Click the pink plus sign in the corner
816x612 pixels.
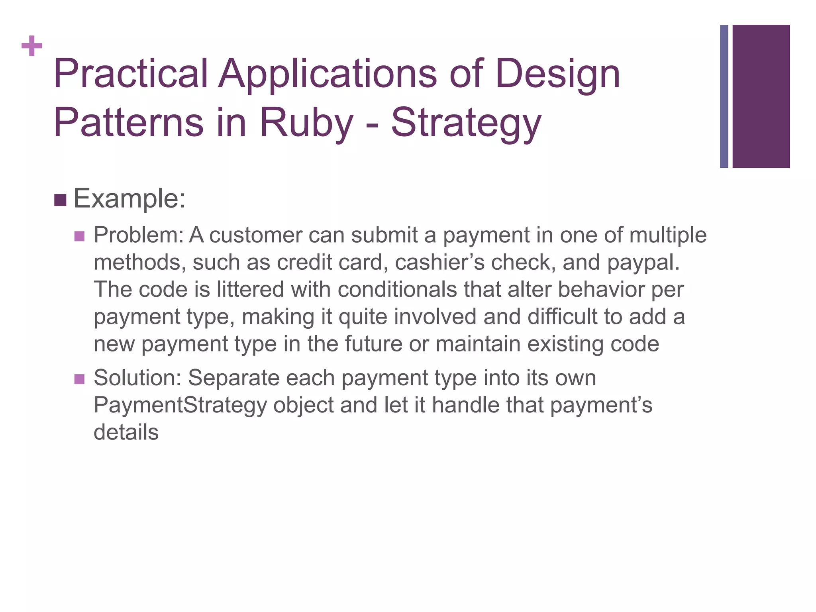(32, 46)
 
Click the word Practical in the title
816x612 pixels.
(131, 74)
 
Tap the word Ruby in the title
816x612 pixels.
(306, 123)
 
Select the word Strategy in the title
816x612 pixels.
(466, 123)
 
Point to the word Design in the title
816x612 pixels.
(558, 74)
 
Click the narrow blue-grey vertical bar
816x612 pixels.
(724, 96)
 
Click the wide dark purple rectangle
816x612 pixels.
(761, 96)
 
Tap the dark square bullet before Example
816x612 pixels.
(60, 200)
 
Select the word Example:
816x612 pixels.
(129, 199)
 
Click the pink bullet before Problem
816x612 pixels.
(80, 236)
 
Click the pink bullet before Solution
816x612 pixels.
(80, 379)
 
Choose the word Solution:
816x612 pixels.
(137, 378)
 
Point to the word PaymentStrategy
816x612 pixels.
(180, 405)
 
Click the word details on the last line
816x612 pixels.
(126, 432)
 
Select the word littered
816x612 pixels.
(250, 289)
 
